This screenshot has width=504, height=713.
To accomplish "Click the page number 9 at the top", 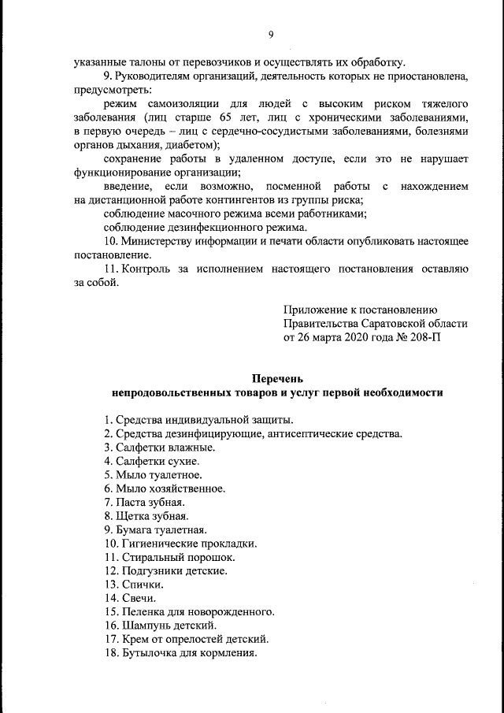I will tap(271, 34).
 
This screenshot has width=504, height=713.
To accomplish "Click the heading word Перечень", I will tap(278, 377).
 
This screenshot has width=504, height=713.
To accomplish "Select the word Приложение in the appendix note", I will tap(317, 309).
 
